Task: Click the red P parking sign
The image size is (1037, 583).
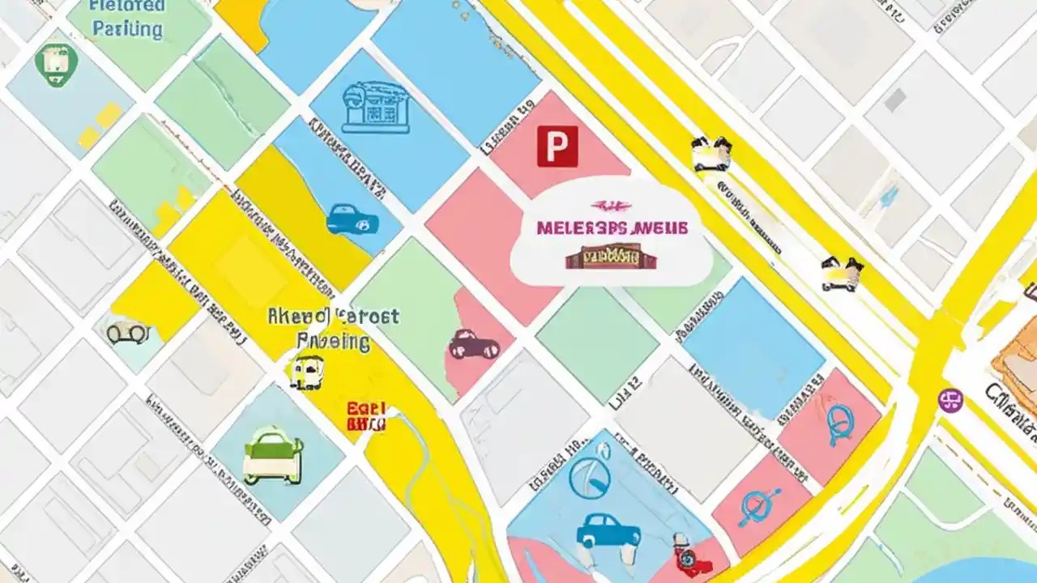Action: (557, 147)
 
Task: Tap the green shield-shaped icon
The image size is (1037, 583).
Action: (57, 63)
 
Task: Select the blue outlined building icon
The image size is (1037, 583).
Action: (375, 107)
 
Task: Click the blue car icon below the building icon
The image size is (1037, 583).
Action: (352, 219)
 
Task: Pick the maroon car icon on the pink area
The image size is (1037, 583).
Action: (474, 345)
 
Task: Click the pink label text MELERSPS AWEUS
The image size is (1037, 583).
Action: (612, 228)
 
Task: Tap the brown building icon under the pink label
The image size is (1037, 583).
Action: (611, 257)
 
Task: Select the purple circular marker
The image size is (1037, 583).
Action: (950, 399)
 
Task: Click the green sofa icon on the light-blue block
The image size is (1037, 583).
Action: (273, 456)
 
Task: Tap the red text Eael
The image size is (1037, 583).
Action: (366, 409)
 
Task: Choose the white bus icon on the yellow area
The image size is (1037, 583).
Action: (307, 371)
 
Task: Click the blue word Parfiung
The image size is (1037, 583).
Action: (127, 29)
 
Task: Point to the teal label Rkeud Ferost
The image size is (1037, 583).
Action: (333, 316)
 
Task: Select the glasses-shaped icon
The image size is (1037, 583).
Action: (128, 332)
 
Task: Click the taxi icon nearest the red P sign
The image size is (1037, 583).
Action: (711, 153)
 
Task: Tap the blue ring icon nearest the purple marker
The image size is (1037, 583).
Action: (840, 424)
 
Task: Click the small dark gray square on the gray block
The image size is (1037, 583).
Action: (895, 100)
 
